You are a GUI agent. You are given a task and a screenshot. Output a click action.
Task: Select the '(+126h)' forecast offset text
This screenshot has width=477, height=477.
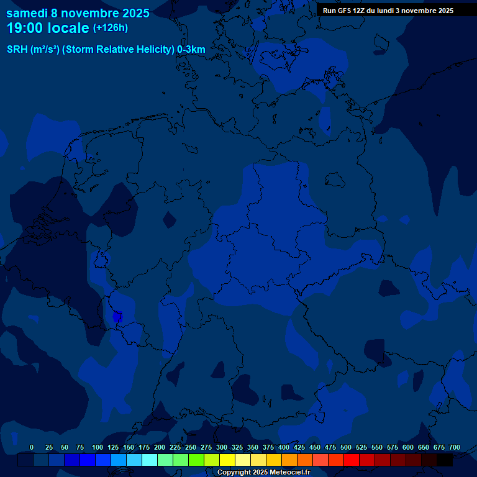[x=111, y=28]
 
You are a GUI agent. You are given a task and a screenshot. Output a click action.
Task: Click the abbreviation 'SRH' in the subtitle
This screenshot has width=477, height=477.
[x=17, y=50]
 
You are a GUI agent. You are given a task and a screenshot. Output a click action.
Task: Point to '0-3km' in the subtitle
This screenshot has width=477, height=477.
[x=191, y=50]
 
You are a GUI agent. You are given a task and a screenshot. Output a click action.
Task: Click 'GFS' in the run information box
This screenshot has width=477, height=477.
[x=347, y=11]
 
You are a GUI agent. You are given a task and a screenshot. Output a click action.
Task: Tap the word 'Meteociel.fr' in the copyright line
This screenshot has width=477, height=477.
[x=285, y=472]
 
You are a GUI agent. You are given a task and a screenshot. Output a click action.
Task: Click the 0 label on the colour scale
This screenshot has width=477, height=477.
[x=32, y=447]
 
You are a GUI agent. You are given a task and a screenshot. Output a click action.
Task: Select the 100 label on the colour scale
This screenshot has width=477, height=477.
[x=98, y=447]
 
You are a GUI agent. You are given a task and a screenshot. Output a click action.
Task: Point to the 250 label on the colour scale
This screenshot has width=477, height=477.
[x=191, y=447]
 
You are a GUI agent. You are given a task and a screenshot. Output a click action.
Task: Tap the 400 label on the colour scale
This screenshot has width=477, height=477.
[x=284, y=447]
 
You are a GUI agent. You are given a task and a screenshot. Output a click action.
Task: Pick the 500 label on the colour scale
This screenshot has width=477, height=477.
[x=346, y=447]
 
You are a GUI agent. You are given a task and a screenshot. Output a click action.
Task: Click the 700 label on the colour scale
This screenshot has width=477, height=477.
[x=455, y=447]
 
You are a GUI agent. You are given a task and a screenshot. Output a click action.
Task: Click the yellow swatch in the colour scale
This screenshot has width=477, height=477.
[x=227, y=460]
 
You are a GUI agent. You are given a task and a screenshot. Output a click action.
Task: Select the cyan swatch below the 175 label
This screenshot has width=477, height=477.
[x=150, y=460]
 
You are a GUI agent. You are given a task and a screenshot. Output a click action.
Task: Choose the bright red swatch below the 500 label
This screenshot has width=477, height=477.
[x=352, y=460]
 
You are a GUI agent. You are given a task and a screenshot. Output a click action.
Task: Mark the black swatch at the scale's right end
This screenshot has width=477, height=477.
[x=445, y=460]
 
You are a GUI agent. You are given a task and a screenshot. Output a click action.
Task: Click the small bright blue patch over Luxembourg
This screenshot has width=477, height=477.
[x=117, y=317]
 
